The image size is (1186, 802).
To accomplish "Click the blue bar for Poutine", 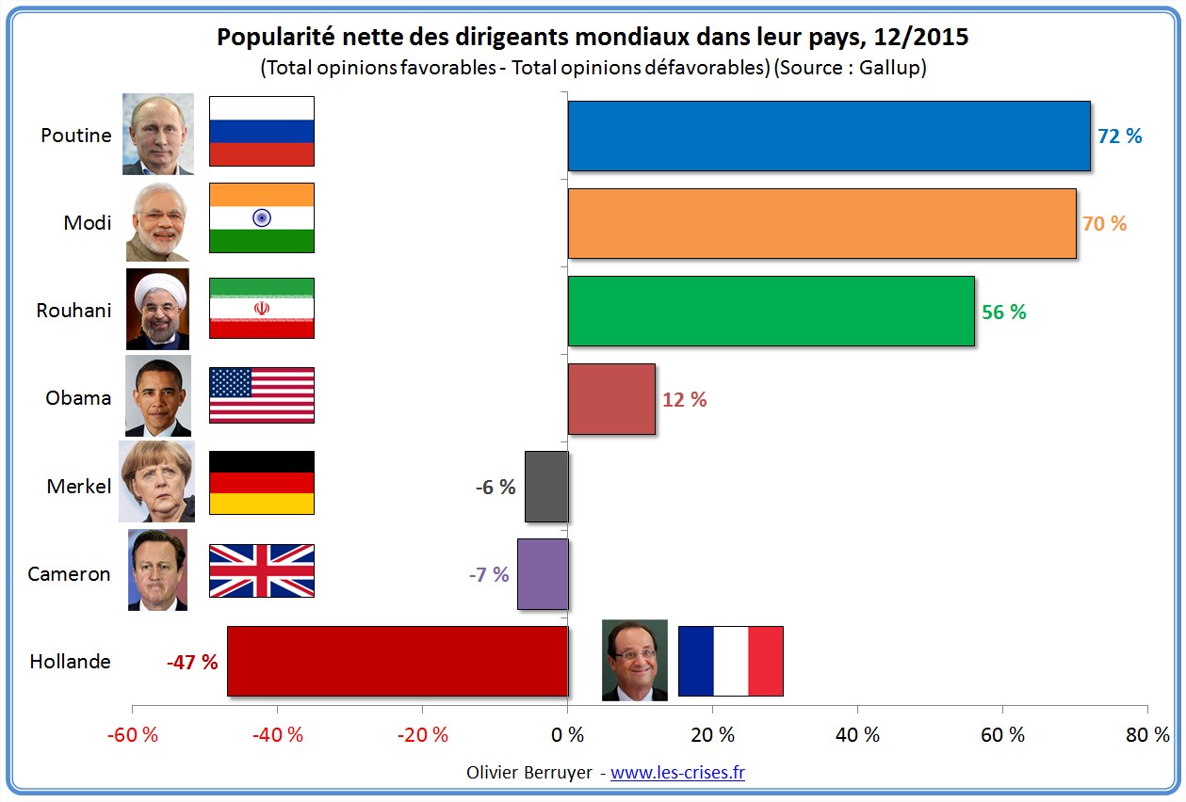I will click(828, 136).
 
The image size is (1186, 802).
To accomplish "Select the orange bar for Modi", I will click(821, 223).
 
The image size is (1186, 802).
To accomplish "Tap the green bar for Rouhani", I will click(771, 312).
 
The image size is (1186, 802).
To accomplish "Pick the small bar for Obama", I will click(611, 399).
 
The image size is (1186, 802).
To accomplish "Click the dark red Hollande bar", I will click(397, 661).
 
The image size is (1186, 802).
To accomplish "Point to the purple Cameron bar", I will click(543, 574).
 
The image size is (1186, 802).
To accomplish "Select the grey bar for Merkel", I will click(546, 487).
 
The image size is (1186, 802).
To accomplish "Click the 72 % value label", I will click(1119, 136).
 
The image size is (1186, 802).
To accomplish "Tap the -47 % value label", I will click(192, 662).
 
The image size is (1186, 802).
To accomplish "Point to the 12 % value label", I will click(684, 399).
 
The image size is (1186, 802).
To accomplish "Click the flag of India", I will click(261, 217).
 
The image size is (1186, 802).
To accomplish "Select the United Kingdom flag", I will click(261, 570).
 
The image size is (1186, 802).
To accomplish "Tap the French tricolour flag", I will click(730, 661).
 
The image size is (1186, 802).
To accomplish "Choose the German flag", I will click(261, 482).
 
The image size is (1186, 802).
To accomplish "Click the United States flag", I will click(261, 395).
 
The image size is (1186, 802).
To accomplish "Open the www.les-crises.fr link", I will click(677, 773).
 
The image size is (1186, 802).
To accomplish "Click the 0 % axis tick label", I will click(567, 735).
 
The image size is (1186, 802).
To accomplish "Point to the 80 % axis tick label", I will click(1147, 735).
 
